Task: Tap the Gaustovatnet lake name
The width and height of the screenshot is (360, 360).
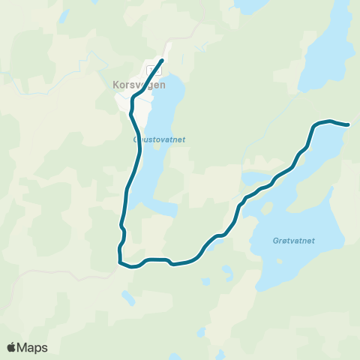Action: tap(158, 139)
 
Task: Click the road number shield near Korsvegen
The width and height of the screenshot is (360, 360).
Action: tap(154, 70)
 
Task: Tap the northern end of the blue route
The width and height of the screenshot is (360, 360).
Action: tap(163, 59)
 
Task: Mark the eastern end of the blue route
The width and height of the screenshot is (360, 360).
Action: tap(349, 125)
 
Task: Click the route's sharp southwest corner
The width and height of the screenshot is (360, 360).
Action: tap(119, 262)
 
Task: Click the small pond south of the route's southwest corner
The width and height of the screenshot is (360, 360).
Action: tap(128, 298)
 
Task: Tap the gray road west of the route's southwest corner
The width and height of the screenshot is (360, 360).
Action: tap(75, 271)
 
